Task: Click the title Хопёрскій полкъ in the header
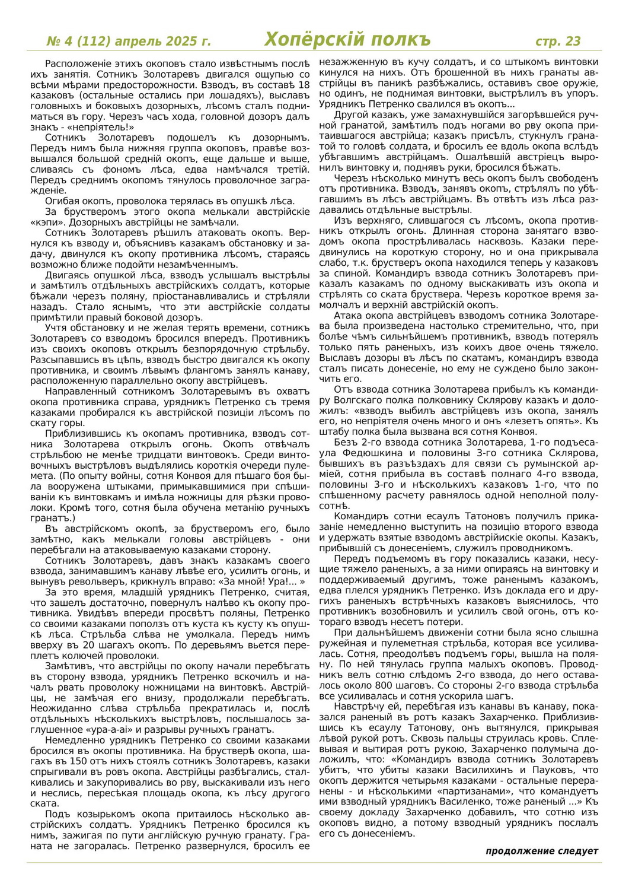[347, 40]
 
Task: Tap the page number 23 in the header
[573, 41]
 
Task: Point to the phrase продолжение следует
[542, 851]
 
